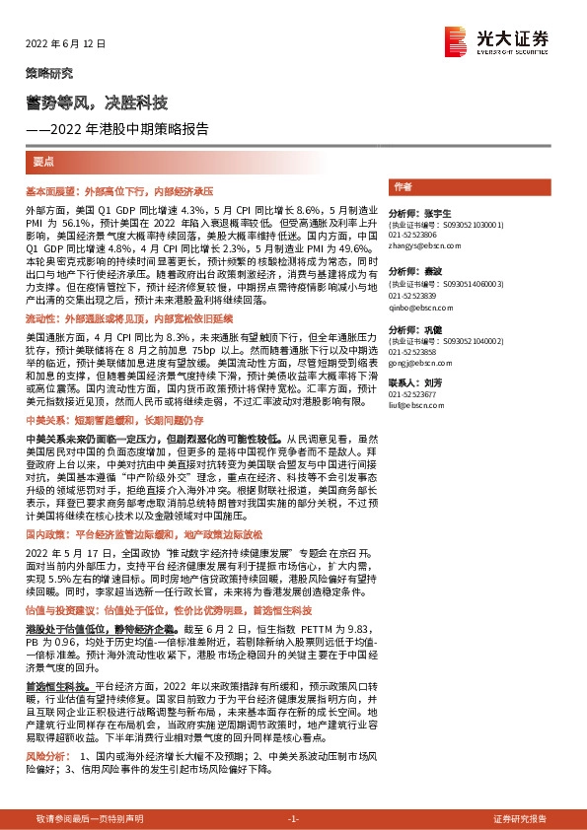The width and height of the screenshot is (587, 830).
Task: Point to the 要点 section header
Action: coord(44,161)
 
